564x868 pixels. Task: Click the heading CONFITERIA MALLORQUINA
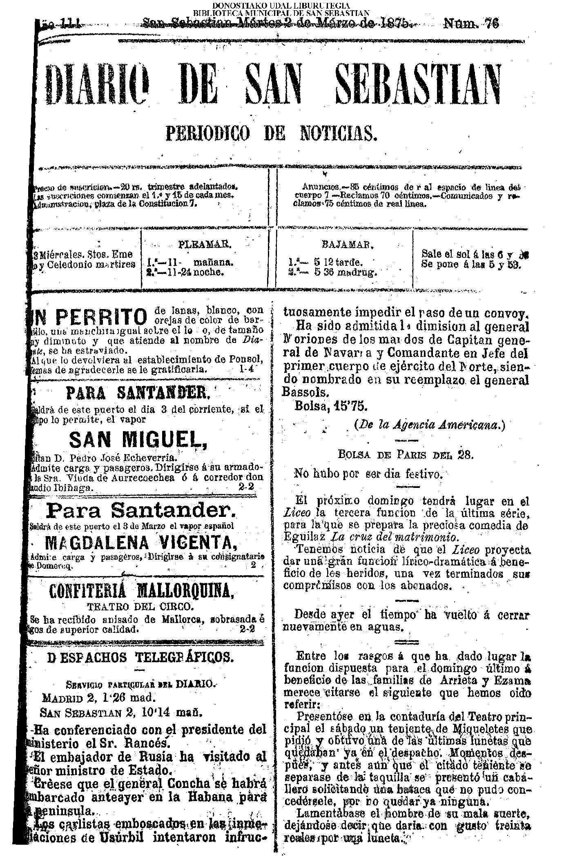click(141, 590)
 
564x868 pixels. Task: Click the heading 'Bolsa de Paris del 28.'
click(405, 455)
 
